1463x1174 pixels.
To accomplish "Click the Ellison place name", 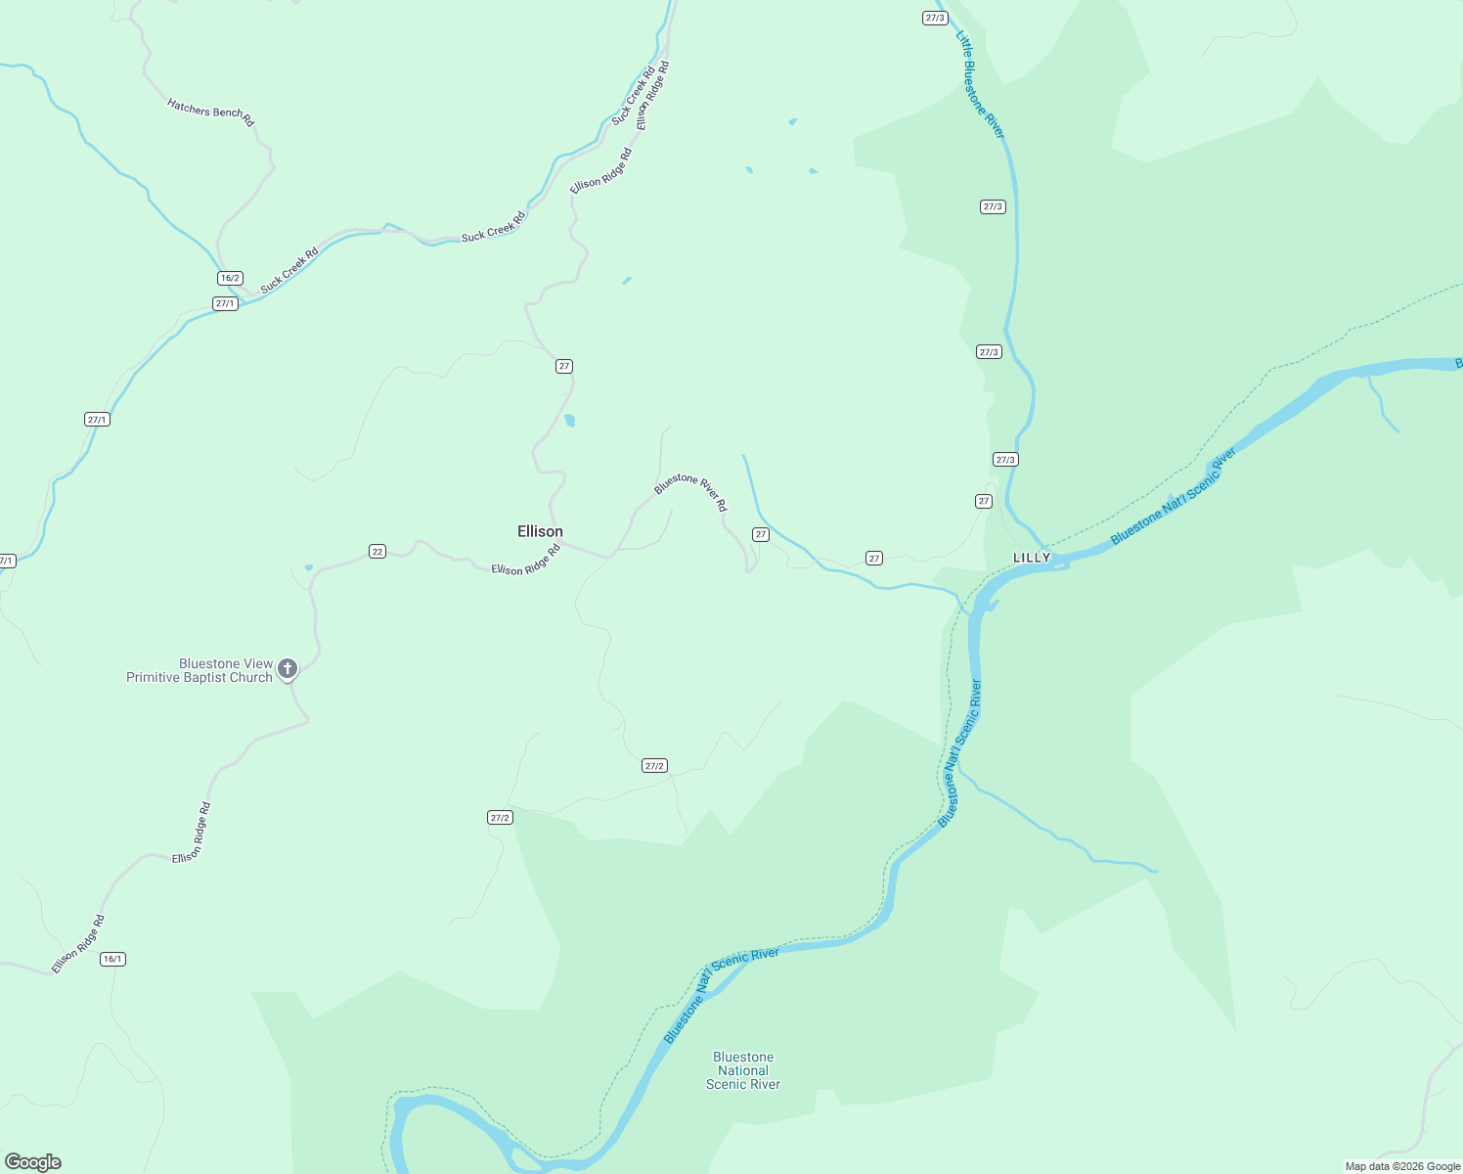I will [540, 531].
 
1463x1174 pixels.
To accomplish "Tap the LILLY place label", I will [1032, 558].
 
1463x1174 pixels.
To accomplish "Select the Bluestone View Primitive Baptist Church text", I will [199, 670].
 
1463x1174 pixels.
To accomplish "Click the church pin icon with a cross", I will [287, 668].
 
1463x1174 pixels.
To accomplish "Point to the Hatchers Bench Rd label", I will [210, 112].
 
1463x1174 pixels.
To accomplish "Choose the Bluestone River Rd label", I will [691, 491].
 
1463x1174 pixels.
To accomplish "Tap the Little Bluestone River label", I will [979, 84].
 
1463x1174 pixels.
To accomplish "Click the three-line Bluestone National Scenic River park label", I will [743, 1070].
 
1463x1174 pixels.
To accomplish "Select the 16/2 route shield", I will [230, 278].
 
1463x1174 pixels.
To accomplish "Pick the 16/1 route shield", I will [112, 959].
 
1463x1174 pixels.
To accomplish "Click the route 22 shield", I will [377, 552].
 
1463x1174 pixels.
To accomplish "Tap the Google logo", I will [33, 1162].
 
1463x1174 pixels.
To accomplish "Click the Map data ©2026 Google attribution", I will [1401, 1166].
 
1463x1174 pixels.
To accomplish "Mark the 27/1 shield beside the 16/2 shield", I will [225, 303].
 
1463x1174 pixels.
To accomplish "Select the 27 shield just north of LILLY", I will [984, 501].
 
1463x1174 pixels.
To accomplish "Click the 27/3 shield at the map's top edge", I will [934, 18].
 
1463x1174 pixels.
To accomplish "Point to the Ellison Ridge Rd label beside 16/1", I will [78, 944].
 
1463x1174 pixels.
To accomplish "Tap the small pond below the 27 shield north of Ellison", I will [569, 421].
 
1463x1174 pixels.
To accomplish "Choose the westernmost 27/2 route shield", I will [500, 817].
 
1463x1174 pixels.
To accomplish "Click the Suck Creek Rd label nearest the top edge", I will [634, 96].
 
